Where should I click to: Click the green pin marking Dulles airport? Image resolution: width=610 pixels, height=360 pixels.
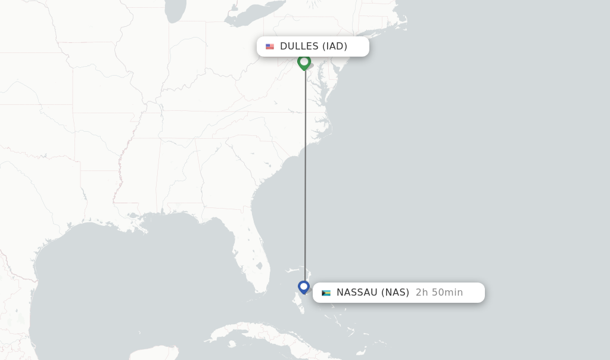[304, 61]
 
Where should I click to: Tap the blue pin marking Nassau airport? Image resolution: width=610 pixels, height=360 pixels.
[304, 287]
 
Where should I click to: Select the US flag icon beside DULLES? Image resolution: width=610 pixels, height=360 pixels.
[270, 46]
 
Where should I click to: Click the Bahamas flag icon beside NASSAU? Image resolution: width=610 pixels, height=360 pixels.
[326, 293]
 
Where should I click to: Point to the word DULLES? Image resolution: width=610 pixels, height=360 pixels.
[299, 46]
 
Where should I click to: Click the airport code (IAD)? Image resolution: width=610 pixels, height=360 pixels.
[335, 46]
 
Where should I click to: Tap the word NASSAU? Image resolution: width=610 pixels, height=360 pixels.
[357, 293]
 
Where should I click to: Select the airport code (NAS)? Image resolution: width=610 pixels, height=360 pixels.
[395, 293]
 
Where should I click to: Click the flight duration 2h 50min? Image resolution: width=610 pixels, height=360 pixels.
[439, 293]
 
